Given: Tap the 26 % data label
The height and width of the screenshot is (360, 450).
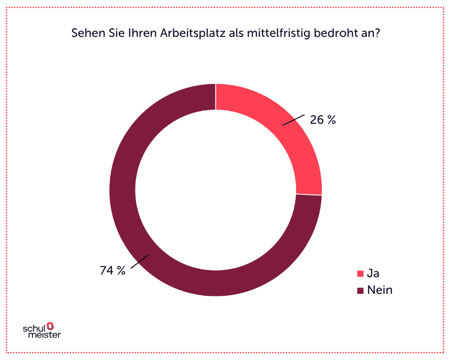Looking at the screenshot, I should (323, 120).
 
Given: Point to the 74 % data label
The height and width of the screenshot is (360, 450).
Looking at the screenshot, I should (112, 270).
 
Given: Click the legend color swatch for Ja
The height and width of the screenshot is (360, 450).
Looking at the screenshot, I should (360, 274).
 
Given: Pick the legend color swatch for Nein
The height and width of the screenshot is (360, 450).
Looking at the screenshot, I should (360, 291).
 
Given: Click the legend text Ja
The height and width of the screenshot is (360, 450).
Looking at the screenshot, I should (373, 273).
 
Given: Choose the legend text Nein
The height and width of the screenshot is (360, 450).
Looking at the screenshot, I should (380, 290).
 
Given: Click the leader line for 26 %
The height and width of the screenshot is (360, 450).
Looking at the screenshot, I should (294, 119).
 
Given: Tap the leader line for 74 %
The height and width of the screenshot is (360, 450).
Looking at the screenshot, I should (139, 262).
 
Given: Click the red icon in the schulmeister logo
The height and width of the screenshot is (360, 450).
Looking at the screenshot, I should (50, 325).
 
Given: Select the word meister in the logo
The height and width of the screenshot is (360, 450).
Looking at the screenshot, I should (44, 335).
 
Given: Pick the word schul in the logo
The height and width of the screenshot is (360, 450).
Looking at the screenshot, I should (34, 328).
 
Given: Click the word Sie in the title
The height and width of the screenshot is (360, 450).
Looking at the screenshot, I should (113, 34).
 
